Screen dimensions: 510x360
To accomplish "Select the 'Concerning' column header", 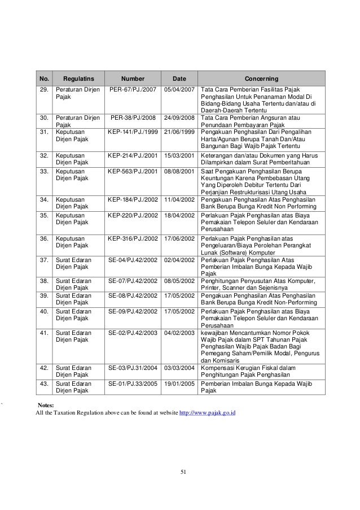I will coord(261,79).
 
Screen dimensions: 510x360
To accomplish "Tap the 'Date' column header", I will coord(179,79).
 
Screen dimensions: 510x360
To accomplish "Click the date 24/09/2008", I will coord(179,118).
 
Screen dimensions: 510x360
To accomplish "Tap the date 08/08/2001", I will coord(179,170).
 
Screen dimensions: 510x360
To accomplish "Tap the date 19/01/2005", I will coord(179,383).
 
